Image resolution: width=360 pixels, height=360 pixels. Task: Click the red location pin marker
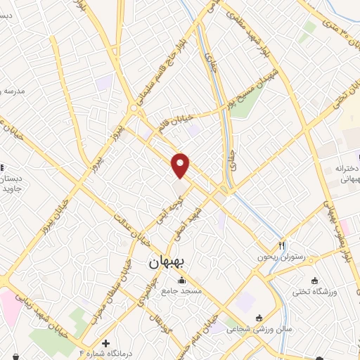[181, 165]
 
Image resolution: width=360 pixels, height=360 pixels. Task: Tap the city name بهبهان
[166, 262]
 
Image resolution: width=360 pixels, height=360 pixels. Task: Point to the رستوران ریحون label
[282, 257]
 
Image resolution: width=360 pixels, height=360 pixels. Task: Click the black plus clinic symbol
[105, 342]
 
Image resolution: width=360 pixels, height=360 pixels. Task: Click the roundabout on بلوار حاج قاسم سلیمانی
[133, 108]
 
